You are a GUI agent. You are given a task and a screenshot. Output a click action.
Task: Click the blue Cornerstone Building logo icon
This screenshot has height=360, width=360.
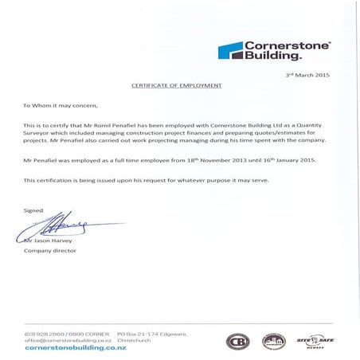(230, 51)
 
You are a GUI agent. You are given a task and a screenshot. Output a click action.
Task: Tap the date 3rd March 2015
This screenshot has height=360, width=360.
(306, 74)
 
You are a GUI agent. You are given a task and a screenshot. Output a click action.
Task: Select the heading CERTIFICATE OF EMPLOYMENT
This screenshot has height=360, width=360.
(176, 84)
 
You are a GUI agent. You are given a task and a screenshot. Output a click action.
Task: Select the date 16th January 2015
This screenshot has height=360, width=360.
(291, 160)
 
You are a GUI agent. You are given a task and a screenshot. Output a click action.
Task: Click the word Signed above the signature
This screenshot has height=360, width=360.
(33, 210)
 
